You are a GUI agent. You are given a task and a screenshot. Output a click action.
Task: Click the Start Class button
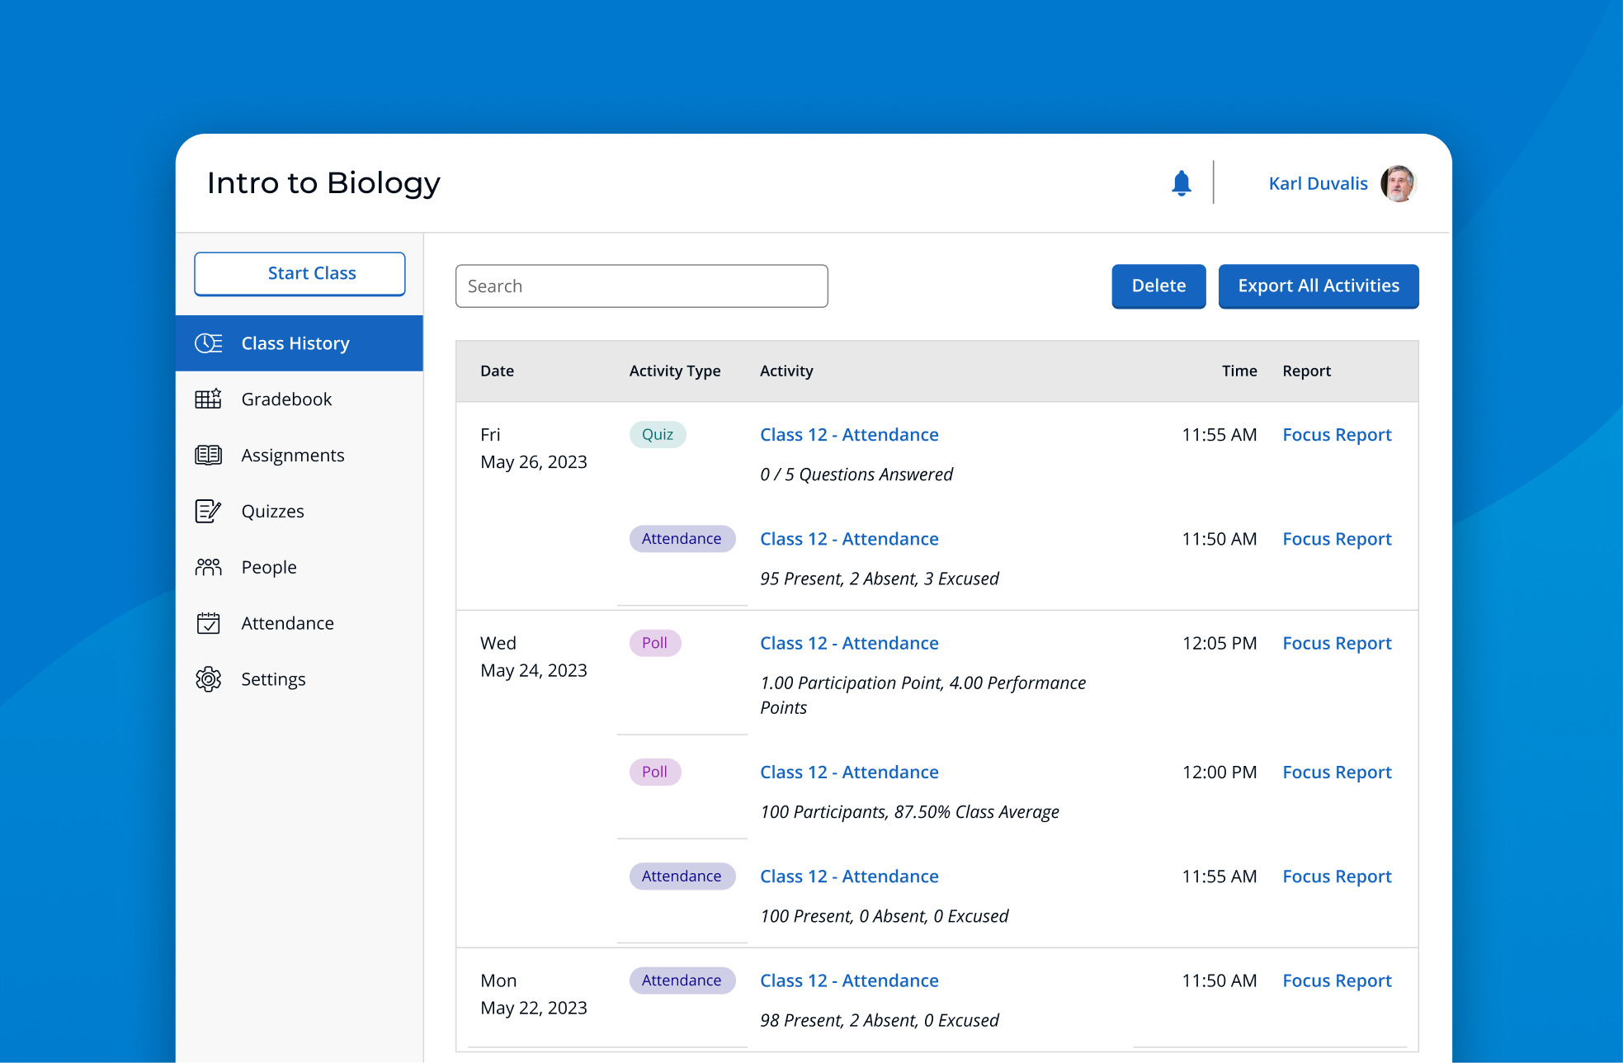[x=300, y=273]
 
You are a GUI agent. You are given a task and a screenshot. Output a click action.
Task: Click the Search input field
[x=641, y=286]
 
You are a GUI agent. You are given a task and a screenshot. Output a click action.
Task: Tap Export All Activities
[x=1318, y=286]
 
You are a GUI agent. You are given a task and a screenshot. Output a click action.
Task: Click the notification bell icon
[x=1181, y=183]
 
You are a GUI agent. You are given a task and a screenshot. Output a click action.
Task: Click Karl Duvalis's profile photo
[x=1398, y=183]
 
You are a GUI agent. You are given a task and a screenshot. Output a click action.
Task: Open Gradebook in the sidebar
[x=286, y=399]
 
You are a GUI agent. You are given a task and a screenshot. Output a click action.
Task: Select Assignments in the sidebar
[x=292, y=456]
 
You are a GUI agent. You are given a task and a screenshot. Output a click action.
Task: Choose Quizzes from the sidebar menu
[x=272, y=512]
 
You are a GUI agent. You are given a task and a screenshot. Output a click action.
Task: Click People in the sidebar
[x=268, y=568]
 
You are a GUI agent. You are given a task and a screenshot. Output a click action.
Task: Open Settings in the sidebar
[x=273, y=679]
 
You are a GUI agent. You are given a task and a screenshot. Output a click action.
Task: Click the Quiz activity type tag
[x=657, y=435]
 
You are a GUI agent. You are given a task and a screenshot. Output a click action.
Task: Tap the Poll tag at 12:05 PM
[x=654, y=643]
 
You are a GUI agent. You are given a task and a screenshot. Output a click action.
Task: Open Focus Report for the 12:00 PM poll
[x=1336, y=772]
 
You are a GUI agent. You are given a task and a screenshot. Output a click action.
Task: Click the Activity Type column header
[x=674, y=371]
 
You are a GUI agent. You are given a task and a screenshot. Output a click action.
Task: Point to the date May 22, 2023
[x=533, y=1008]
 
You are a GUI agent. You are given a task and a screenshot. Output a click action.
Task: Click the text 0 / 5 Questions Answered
[x=856, y=475]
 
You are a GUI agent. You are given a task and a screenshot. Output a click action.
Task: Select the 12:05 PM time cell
[x=1219, y=643]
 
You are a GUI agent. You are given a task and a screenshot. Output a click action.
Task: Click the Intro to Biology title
[x=323, y=183]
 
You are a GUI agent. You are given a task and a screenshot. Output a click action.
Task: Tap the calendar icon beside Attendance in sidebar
[x=208, y=623]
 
